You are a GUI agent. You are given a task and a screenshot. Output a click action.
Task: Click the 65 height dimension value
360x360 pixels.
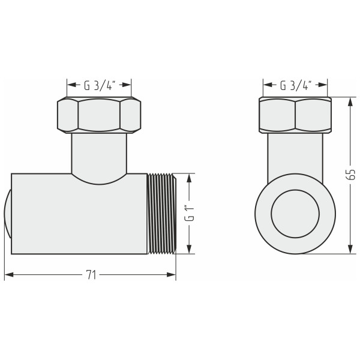pos(351,175)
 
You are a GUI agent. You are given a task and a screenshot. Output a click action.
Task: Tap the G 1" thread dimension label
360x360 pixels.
pos(188,214)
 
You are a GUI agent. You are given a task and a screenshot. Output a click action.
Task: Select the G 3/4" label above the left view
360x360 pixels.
pos(99,85)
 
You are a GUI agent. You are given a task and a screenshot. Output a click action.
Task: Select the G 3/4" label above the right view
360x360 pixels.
pos(295,85)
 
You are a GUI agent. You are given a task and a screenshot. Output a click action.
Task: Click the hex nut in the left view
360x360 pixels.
pos(99,115)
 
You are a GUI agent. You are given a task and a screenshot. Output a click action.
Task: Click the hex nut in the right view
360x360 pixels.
pos(295,115)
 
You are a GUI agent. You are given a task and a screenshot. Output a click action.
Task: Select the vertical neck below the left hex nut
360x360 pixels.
pos(99,153)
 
